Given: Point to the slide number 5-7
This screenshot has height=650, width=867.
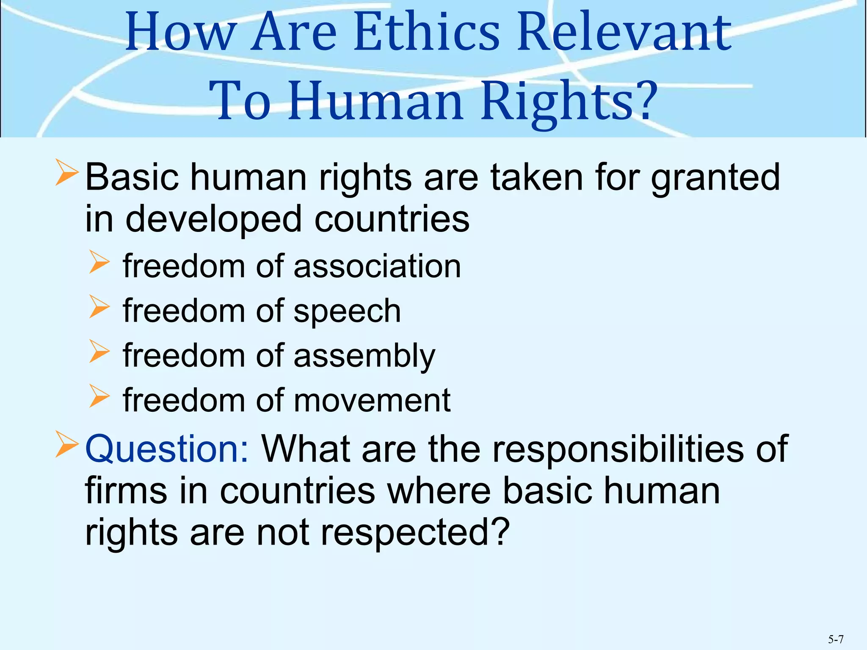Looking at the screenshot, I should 836,639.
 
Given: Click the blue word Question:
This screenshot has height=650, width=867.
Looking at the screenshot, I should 167,449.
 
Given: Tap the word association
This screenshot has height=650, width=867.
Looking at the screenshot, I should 377,267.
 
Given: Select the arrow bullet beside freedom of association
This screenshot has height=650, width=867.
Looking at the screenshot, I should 99,262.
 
